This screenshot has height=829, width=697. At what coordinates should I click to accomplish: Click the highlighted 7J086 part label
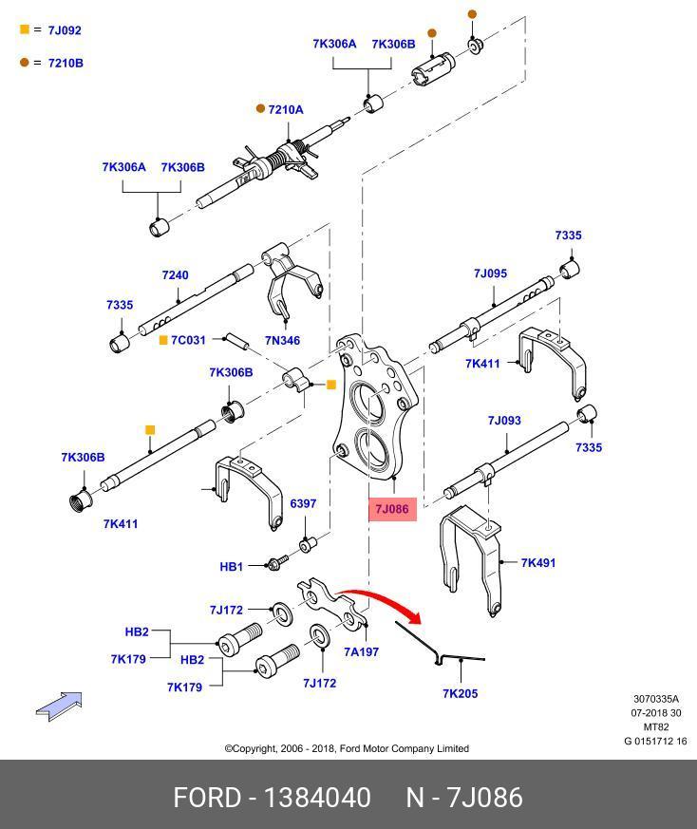(x=391, y=510)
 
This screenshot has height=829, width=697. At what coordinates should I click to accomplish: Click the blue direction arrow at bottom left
(x=59, y=706)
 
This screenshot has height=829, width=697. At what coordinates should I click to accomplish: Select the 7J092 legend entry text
(x=65, y=30)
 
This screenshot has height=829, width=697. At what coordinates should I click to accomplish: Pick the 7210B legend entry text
(x=66, y=63)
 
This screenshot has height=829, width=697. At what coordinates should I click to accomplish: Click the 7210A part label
(x=285, y=110)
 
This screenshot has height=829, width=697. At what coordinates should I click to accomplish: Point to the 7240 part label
(x=175, y=275)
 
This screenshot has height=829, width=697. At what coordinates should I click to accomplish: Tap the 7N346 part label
(x=282, y=340)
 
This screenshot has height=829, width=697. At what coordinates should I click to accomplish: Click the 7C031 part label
(x=189, y=340)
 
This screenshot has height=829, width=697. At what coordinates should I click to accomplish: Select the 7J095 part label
(x=490, y=273)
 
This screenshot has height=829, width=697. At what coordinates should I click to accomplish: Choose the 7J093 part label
(x=504, y=421)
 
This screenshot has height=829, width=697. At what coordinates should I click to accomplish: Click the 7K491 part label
(x=538, y=563)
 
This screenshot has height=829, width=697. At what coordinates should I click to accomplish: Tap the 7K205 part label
(x=460, y=693)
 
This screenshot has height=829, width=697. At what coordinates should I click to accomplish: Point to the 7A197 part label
(x=361, y=651)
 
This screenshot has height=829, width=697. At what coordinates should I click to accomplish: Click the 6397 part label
(x=303, y=503)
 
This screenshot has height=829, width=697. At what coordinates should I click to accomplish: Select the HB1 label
(x=232, y=567)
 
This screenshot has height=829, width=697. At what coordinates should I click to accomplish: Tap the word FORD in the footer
(x=206, y=797)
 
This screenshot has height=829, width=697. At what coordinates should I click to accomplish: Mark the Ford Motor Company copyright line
(x=347, y=748)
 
